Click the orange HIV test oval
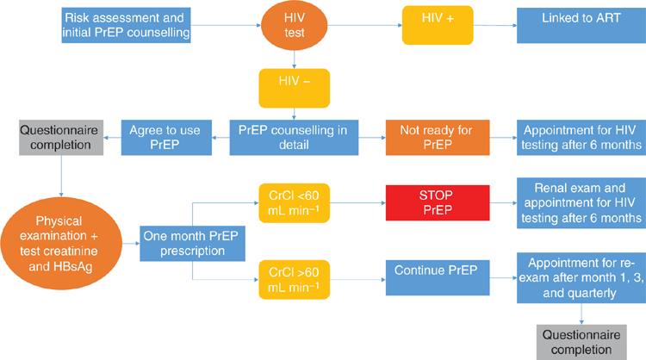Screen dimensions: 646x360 (x=295, y=25)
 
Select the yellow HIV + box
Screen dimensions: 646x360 (x=438, y=25)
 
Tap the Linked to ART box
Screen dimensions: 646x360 (x=581, y=25)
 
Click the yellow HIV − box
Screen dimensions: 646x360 (x=295, y=88)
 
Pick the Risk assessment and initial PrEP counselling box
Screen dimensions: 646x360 (x=126, y=25)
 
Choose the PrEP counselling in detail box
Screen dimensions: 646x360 (x=294, y=138)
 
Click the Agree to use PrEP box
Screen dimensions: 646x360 (x=166, y=138)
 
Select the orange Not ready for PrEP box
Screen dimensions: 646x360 (x=438, y=138)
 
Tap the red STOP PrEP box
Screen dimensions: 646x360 (x=438, y=202)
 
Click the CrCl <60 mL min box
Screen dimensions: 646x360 (x=295, y=203)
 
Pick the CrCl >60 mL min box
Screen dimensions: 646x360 (x=295, y=280)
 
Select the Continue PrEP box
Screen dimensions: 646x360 (x=438, y=277)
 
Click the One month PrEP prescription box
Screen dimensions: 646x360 (x=192, y=244)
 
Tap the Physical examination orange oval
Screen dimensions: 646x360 (x=61, y=244)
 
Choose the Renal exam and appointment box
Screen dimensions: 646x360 (x=581, y=203)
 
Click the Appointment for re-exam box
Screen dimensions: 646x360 (x=581, y=278)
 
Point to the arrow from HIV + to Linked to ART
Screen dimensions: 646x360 (x=495, y=25)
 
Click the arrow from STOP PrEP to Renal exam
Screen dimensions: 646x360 (x=504, y=202)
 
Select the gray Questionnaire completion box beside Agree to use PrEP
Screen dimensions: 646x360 (x=61, y=138)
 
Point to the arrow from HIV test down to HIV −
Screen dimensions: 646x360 (x=295, y=59)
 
